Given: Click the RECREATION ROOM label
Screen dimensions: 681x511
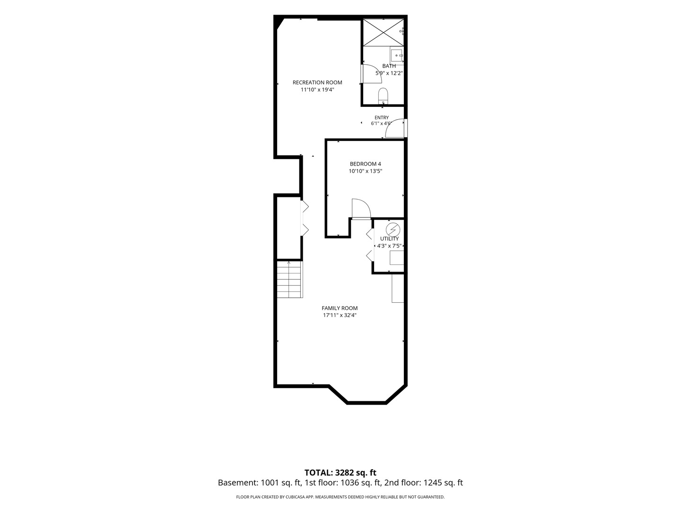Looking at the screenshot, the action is pyautogui.click(x=317, y=82).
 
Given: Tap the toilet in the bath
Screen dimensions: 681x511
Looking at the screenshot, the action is pyautogui.click(x=383, y=96).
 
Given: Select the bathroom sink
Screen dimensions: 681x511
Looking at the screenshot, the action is pyautogui.click(x=396, y=55).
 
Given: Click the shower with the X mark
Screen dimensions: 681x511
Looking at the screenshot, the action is pyautogui.click(x=384, y=33).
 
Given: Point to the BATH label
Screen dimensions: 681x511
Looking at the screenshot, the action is pyautogui.click(x=389, y=66).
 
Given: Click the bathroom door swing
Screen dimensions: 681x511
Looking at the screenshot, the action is pyautogui.click(x=372, y=74).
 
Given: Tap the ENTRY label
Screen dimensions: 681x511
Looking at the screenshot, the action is pyautogui.click(x=382, y=118).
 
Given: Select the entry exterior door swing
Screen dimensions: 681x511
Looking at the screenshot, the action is pyautogui.click(x=394, y=128).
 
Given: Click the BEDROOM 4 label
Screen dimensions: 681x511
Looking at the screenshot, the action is pyautogui.click(x=366, y=164).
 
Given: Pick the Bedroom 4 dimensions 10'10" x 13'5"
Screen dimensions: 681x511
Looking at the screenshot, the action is pyautogui.click(x=366, y=171).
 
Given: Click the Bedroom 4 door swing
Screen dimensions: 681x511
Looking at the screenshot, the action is pyautogui.click(x=361, y=209).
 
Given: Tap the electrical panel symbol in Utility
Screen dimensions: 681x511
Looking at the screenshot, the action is pyautogui.click(x=393, y=230).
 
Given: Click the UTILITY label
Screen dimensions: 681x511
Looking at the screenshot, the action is pyautogui.click(x=389, y=238).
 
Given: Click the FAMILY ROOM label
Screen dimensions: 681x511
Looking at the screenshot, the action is pyautogui.click(x=340, y=308).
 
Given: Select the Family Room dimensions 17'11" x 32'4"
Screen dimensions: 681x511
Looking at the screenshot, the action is pyautogui.click(x=340, y=315).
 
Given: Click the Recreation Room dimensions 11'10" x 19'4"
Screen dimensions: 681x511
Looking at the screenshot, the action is pyautogui.click(x=317, y=90).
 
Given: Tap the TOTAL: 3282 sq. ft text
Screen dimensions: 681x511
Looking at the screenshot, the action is pyautogui.click(x=340, y=473).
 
